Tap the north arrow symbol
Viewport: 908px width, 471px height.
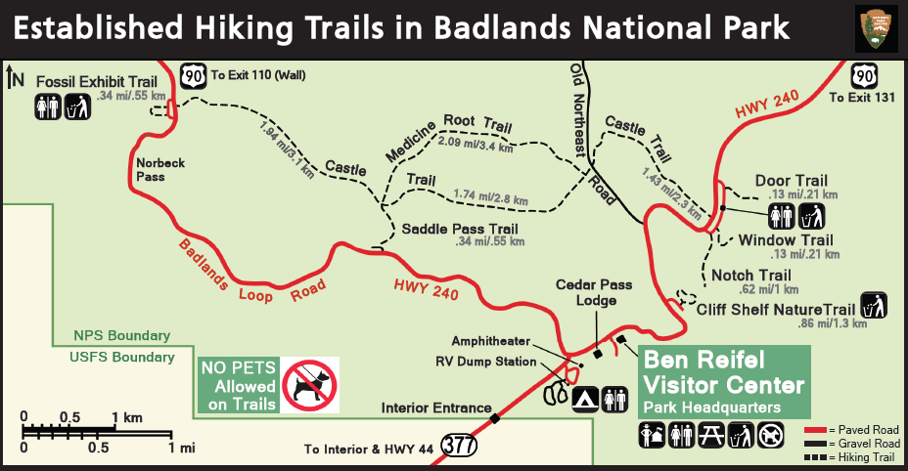pyautogui.click(x=15, y=77)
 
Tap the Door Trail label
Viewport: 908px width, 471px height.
pyautogui.click(x=791, y=181)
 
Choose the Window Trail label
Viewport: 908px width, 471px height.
pyautogui.click(x=786, y=240)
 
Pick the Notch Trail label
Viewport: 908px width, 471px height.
pyautogui.click(x=750, y=276)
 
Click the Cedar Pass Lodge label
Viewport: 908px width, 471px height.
pyautogui.click(x=594, y=292)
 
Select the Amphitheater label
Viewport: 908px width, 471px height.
pyautogui.click(x=490, y=341)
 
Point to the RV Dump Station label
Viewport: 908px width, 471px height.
pyautogui.click(x=485, y=362)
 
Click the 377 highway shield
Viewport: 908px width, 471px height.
pyautogui.click(x=460, y=445)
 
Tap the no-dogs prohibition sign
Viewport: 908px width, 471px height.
pyautogui.click(x=310, y=384)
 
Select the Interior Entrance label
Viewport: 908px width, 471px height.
pyautogui.click(x=435, y=407)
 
